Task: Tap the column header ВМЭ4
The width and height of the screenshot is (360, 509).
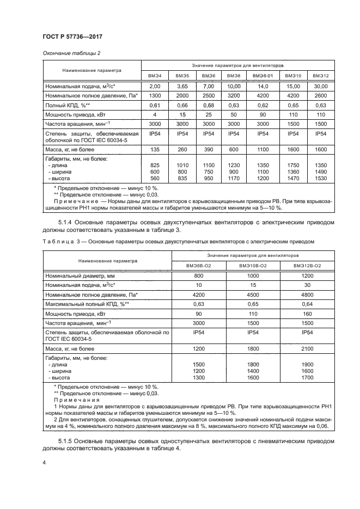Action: [155, 75]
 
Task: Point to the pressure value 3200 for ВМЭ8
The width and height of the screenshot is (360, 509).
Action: [233, 95]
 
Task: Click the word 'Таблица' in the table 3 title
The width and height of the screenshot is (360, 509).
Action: [57, 240]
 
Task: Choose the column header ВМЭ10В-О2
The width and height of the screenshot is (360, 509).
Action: [253, 265]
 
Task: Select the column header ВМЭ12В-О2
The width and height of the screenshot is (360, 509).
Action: [307, 265]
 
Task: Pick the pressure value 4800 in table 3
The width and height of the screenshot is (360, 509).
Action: [307, 295]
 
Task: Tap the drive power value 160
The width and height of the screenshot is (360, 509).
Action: [307, 314]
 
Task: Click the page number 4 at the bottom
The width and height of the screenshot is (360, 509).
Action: [44, 463]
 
